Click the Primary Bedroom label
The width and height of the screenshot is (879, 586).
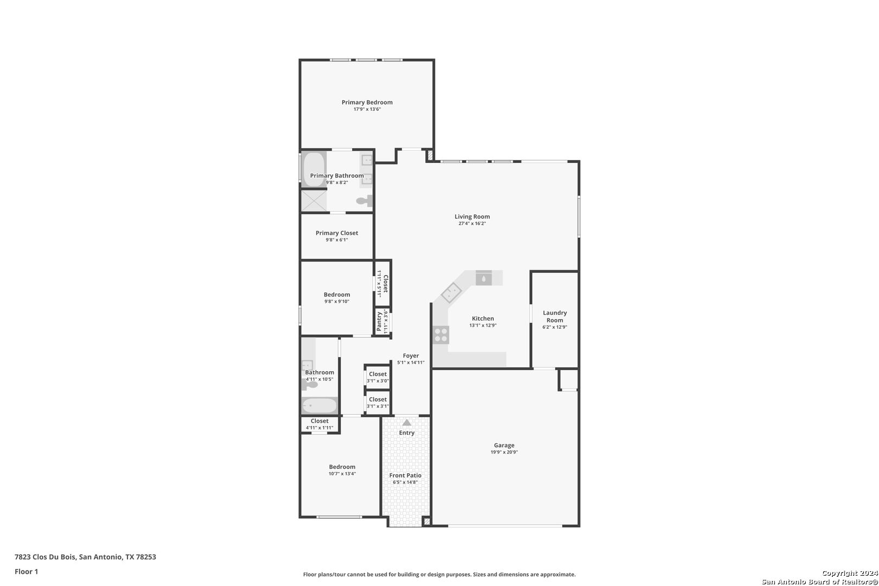(x=367, y=103)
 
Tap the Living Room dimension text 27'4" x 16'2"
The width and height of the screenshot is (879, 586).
(x=472, y=224)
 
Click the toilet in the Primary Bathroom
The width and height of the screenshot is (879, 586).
(x=365, y=201)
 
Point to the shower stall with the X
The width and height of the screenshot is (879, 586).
(x=314, y=201)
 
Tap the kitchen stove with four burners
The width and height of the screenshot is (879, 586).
(x=441, y=335)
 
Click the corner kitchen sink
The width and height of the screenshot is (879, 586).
(x=451, y=292)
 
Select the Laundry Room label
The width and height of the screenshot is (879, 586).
(x=555, y=316)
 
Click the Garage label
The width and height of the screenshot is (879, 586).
(x=504, y=445)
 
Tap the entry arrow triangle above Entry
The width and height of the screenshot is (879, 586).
(x=406, y=423)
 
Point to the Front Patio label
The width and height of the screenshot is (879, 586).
(x=405, y=475)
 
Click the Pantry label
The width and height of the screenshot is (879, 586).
(x=379, y=322)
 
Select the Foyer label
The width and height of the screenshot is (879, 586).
(x=411, y=355)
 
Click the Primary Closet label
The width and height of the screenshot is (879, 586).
(x=337, y=233)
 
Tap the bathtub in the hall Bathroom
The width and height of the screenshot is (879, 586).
(x=320, y=405)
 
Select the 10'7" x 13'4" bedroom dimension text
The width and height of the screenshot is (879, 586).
(x=342, y=474)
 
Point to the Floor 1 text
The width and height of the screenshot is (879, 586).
(x=26, y=571)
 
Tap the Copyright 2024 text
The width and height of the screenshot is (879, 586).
(x=850, y=573)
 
